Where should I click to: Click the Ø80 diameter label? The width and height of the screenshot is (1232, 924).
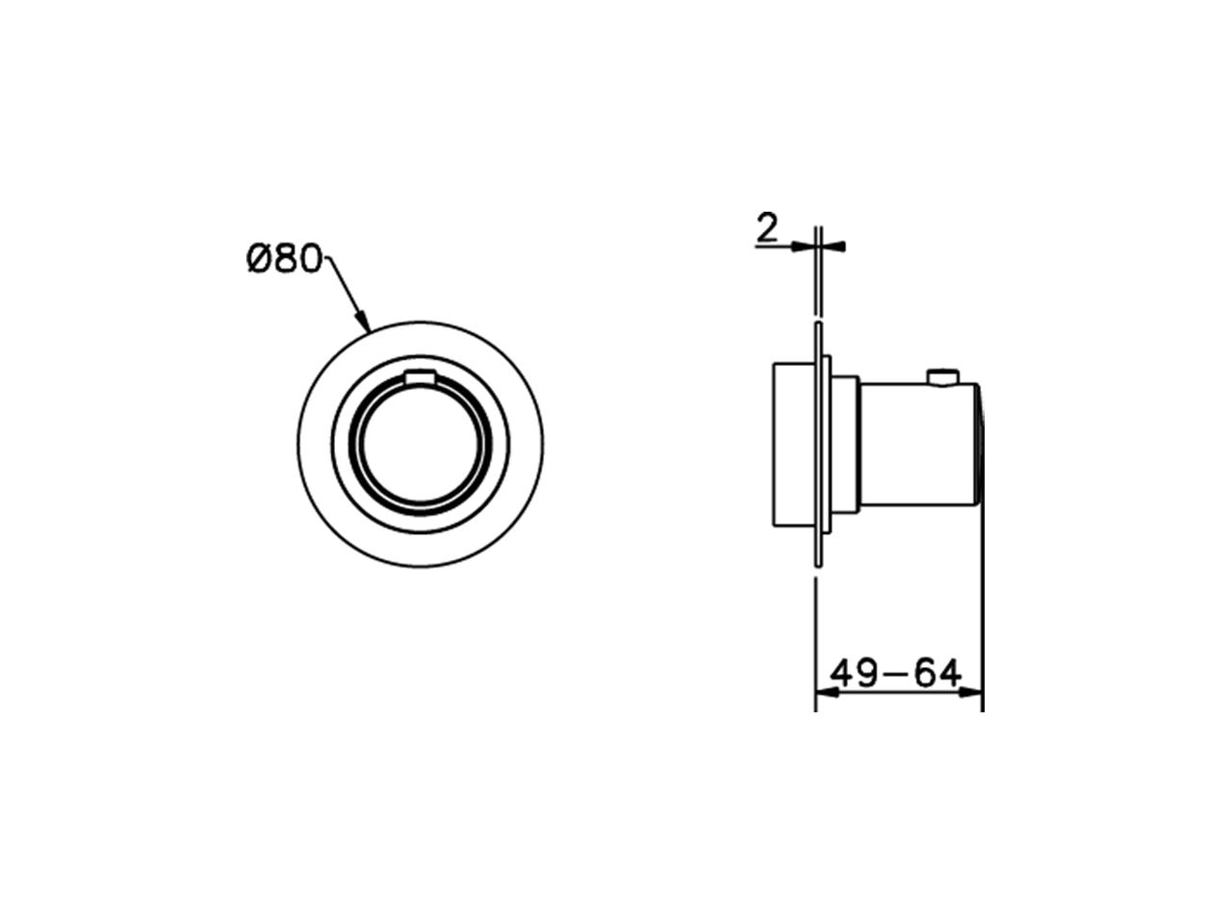click(283, 259)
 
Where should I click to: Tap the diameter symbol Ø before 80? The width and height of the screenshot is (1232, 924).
click(257, 259)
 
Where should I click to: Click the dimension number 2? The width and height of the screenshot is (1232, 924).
click(767, 228)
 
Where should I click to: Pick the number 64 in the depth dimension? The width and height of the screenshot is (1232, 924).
click(937, 674)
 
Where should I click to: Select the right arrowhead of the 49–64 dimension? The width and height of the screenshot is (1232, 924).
click(974, 692)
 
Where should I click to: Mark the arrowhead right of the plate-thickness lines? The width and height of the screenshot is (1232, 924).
click(835, 246)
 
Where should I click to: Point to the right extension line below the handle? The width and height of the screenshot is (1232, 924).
click(983, 616)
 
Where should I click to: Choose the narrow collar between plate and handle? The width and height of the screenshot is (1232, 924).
click(844, 445)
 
